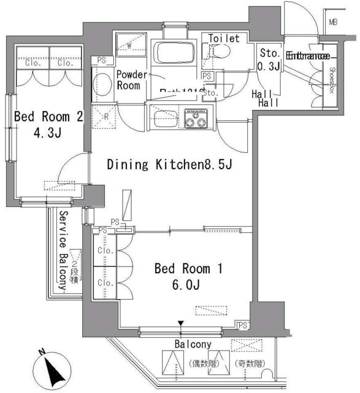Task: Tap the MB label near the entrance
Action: pyautogui.click(x=334, y=23)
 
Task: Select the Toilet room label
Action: pyautogui.click(x=224, y=38)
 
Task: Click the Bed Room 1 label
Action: pyautogui.click(x=183, y=268)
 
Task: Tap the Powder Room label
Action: pyautogui.click(x=132, y=80)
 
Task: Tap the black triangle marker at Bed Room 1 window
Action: pyautogui.click(x=180, y=324)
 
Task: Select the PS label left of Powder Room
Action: pyautogui.click(x=101, y=61)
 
